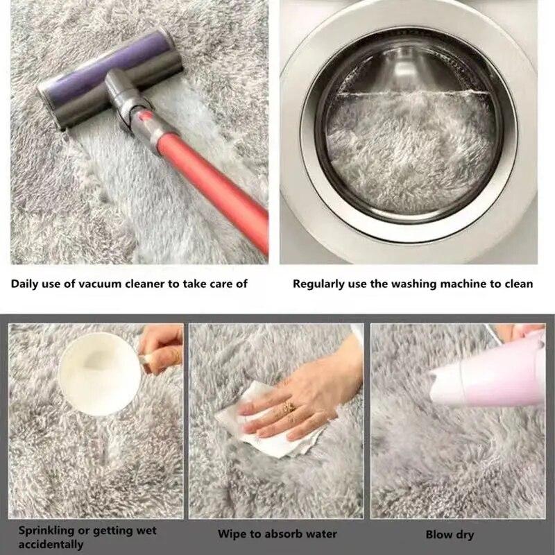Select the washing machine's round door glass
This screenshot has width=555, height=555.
409,128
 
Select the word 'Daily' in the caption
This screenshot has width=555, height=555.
25,284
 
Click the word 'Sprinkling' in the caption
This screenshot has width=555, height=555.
46,531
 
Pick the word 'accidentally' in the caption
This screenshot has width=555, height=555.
51,545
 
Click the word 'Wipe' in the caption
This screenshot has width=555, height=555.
231,534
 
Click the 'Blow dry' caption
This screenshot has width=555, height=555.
450,534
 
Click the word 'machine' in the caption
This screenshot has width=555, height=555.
463,284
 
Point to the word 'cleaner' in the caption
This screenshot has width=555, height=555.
143,284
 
